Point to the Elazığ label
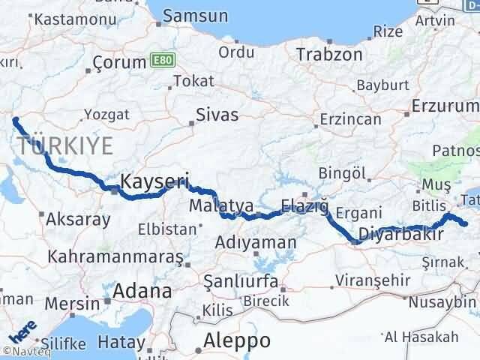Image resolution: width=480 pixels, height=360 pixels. pyautogui.click(x=304, y=205)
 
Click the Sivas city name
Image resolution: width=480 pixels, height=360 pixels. pyautogui.click(x=217, y=115)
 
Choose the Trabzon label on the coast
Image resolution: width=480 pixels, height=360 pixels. pyautogui.click(x=329, y=54)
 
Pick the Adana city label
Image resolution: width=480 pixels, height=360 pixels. pyautogui.click(x=142, y=291)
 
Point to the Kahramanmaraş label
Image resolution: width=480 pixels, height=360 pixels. pyautogui.click(x=115, y=256)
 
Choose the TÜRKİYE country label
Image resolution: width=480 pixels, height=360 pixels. pyautogui.click(x=65, y=145)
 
